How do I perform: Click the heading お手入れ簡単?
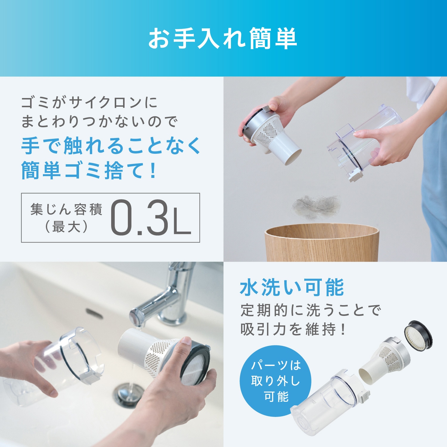223,38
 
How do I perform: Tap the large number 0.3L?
150,218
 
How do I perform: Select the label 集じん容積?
66,209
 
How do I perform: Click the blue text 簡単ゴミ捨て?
89,171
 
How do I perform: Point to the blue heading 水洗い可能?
292,288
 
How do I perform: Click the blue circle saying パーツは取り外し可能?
275,381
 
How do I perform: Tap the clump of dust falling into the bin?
316,206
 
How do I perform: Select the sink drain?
129,394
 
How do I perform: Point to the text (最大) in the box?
66,227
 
